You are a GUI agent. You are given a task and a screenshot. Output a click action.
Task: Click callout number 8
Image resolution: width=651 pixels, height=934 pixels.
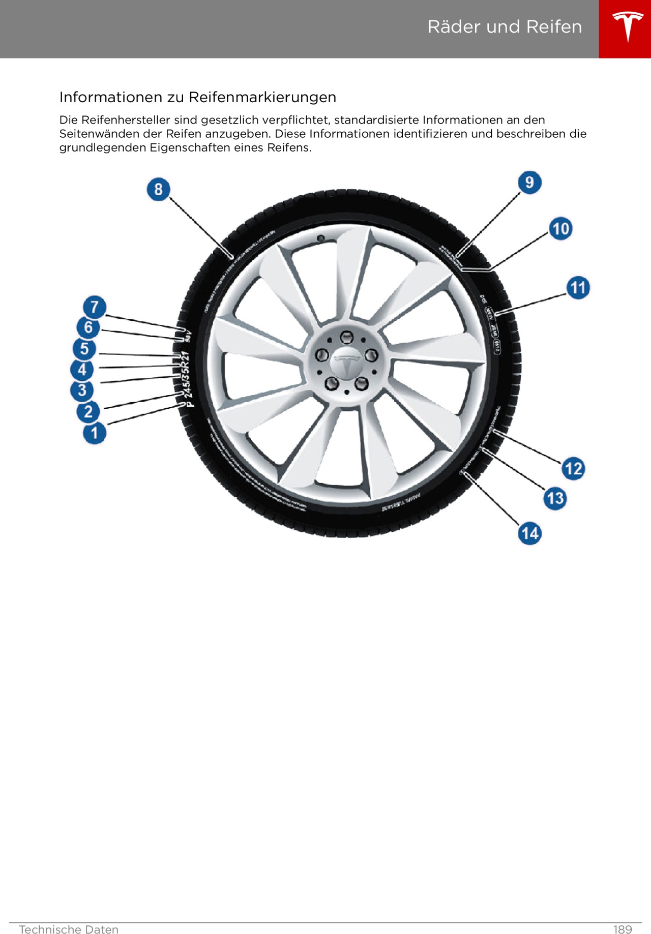(158, 189)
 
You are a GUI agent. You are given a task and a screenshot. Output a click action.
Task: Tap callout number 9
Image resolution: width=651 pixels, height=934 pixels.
(529, 182)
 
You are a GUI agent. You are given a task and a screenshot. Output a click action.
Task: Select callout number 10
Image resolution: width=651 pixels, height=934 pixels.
(560, 228)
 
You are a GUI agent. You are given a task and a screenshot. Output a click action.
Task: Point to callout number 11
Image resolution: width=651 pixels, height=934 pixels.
(578, 288)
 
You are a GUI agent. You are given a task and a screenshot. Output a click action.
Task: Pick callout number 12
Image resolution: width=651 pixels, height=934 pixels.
(573, 468)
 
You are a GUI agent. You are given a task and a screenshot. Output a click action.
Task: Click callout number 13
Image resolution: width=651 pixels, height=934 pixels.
(555, 498)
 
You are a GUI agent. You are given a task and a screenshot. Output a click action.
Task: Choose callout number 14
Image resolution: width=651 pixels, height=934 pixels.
(529, 533)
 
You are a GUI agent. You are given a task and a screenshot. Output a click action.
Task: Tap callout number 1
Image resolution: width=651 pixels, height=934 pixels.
(95, 434)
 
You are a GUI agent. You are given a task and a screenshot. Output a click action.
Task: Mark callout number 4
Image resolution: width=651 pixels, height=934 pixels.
(82, 370)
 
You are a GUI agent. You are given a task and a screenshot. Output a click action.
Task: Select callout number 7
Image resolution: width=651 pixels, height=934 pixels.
(95, 307)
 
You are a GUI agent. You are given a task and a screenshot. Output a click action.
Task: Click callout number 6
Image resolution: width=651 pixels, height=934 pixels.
(88, 327)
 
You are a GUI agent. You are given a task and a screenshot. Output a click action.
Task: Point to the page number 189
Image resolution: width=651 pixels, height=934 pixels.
(622, 929)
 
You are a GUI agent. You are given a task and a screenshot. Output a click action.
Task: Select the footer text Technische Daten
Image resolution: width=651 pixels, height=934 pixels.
(69, 929)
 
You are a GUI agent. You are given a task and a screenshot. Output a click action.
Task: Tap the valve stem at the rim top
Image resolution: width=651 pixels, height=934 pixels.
(321, 238)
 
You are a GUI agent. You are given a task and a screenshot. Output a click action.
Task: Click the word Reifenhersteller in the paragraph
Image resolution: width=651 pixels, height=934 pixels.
(126, 120)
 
